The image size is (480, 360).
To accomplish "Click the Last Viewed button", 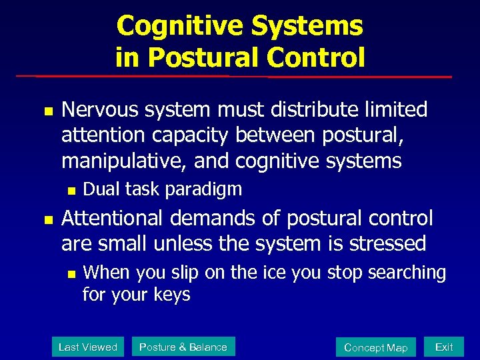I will [x=87, y=347].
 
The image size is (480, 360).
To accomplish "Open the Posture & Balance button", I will [x=183, y=347].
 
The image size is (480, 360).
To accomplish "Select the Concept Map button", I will [x=375, y=347].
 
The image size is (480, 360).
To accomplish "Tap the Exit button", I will [x=444, y=347].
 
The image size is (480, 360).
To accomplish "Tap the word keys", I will [x=173, y=294].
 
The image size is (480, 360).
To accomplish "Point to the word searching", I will [x=405, y=273].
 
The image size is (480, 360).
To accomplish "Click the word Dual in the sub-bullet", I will [x=99, y=189].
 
